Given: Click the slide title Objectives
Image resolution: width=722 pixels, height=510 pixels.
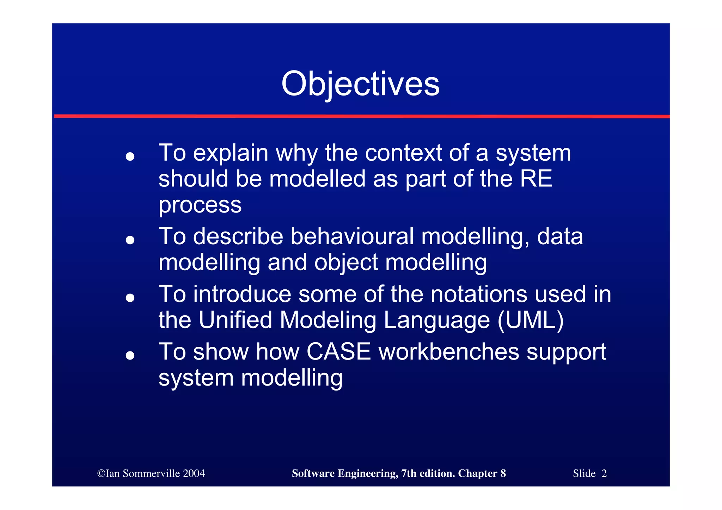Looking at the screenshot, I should point(360,84).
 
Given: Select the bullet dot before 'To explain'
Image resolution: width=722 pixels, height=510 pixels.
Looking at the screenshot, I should point(130,156).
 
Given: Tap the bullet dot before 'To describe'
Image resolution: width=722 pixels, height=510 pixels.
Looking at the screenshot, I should point(130,240).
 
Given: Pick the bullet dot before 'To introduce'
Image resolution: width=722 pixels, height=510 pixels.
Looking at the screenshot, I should point(130,297).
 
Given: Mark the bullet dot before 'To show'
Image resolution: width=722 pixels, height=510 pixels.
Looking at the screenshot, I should point(130,355).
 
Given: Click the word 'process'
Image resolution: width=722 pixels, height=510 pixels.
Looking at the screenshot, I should point(200,205).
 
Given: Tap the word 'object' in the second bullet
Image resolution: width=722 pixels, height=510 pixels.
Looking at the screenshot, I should point(346,263).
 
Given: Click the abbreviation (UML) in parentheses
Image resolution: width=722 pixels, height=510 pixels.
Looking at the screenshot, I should point(531,320).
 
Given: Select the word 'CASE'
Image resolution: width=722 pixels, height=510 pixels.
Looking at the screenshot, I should point(338,352).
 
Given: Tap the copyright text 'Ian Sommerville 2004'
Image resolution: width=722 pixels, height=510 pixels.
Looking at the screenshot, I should point(151,473).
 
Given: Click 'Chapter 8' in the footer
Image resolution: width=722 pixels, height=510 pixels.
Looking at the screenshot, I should point(482,473).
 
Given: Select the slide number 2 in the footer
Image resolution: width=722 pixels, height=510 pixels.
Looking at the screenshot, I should point(604,473).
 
